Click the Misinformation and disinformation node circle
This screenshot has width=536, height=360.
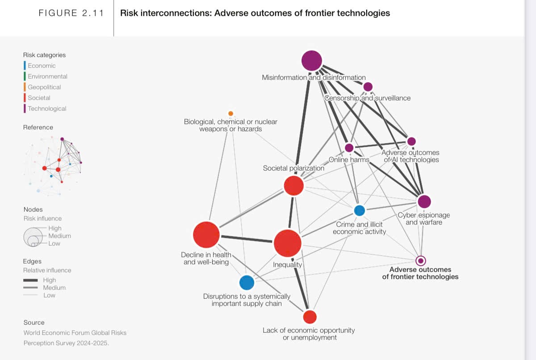[x=312, y=61]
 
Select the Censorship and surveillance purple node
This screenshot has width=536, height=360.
[x=368, y=87]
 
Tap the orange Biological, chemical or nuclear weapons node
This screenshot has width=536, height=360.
[x=230, y=113]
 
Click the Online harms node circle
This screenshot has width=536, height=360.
[x=349, y=148]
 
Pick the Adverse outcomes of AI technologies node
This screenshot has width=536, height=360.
[x=411, y=141]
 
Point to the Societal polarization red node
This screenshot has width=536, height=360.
[x=294, y=185]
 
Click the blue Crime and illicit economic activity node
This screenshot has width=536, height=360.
[x=360, y=210]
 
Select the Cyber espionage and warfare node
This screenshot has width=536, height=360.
[x=424, y=201]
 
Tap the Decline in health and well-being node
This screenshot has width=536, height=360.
[x=206, y=234]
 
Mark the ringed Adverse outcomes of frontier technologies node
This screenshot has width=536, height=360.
[x=420, y=261]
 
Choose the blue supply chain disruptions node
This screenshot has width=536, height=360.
[x=247, y=283]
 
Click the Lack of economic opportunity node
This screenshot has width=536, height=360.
[x=310, y=317]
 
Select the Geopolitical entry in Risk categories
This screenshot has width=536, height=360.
[x=44, y=87]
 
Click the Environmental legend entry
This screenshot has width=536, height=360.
[x=47, y=76]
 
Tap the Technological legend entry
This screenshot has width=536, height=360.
[x=47, y=109]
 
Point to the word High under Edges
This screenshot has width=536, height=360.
[x=50, y=280]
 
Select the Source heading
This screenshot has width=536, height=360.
[x=34, y=322]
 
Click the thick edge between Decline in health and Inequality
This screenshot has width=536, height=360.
[x=247, y=239]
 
